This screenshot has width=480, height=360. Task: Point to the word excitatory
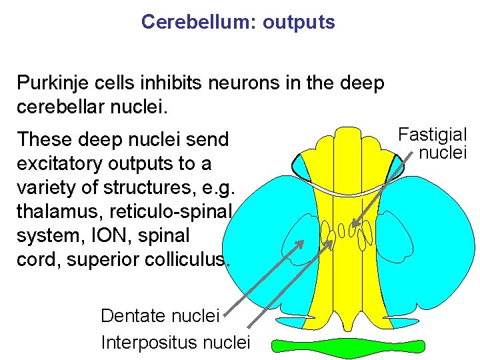(63, 163)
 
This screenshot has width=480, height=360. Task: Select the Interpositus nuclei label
(175, 343)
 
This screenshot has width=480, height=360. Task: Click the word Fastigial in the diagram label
(433, 134)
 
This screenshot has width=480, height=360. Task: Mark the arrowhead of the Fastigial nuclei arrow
(354, 226)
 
